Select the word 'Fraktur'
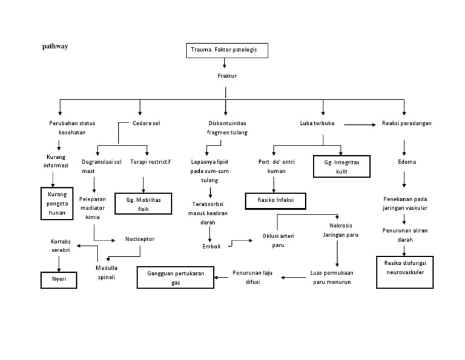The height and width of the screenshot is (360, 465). (x=226, y=76)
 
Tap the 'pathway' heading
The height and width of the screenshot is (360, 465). (x=54, y=46)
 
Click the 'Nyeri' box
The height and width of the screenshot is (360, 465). (x=58, y=280)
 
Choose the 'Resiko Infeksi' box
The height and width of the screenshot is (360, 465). (x=275, y=199)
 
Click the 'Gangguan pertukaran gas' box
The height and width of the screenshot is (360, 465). (x=176, y=278)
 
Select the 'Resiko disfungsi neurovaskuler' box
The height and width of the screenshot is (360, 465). (x=404, y=267)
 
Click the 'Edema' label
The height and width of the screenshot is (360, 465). (x=406, y=162)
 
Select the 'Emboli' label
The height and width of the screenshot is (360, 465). (x=211, y=246)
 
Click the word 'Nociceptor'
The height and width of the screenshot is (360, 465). (x=140, y=239)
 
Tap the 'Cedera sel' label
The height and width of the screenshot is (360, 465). (x=147, y=123)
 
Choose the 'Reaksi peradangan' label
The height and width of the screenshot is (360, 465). (x=406, y=123)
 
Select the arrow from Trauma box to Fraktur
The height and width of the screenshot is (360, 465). (x=225, y=64)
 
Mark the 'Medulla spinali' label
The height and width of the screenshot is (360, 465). (x=106, y=272)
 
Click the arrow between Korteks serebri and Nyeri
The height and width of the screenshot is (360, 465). (x=58, y=264)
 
